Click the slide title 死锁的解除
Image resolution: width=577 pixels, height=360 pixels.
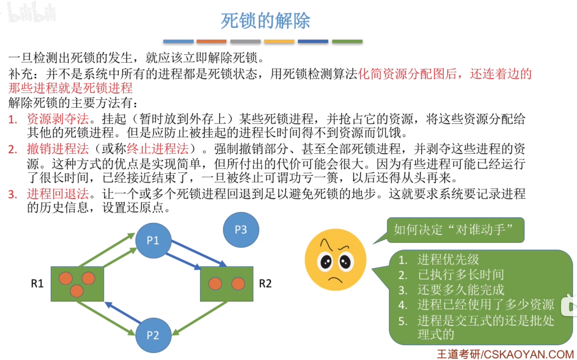[x=265, y=21]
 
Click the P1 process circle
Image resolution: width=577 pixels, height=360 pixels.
[x=153, y=240]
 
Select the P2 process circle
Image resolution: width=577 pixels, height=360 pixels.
[x=153, y=335]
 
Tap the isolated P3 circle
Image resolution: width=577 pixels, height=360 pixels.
[x=241, y=230]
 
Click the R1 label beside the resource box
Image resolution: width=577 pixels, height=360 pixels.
[x=37, y=284]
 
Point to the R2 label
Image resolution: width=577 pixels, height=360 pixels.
[x=265, y=284]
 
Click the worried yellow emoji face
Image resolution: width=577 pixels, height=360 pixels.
[x=335, y=260]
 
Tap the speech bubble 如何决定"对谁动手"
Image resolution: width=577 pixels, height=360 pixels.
[x=453, y=230]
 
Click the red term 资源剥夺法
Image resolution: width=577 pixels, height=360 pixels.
[x=58, y=119]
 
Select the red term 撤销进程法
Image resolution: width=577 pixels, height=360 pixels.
[x=58, y=149]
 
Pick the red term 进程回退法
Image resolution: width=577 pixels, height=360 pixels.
[x=58, y=194]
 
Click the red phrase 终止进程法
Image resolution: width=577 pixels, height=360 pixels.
[x=158, y=149]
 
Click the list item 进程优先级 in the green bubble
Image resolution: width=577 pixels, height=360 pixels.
[x=448, y=260]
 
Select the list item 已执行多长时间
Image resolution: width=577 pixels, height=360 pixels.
[x=461, y=275]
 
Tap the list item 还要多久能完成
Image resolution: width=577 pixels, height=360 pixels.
[x=461, y=290]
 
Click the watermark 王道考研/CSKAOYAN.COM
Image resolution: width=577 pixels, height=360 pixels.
[x=505, y=354]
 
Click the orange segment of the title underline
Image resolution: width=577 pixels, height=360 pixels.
[x=211, y=41]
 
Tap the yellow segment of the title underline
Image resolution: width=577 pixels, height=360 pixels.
[x=279, y=41]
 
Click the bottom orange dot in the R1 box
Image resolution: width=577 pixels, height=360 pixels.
[x=77, y=291]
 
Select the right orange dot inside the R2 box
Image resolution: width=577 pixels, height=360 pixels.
[x=238, y=284]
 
